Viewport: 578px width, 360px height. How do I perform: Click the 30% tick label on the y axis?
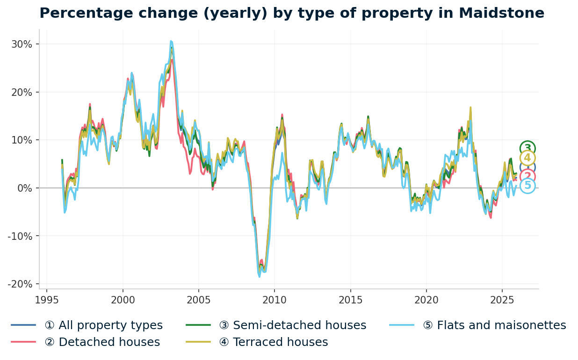pos(22,44)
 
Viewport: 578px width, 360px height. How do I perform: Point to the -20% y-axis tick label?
pos(20,284)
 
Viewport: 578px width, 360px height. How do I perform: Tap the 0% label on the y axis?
pos(24,188)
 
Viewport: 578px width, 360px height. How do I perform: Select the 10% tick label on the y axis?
pos(22,140)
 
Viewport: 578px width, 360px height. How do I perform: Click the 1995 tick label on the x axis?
pos(47,300)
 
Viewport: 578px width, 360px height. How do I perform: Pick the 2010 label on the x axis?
pos(274,300)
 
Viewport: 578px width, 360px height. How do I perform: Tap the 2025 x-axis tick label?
pos(502,300)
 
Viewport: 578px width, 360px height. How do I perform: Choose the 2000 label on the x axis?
pos(123,300)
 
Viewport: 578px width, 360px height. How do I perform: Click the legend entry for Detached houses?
pos(102,342)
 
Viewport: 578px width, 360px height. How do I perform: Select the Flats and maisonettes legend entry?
pos(494,325)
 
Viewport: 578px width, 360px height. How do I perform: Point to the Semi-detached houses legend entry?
pos(292,325)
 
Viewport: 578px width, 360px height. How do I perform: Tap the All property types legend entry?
pos(103,325)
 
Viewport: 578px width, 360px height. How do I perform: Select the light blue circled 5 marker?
pos(527,186)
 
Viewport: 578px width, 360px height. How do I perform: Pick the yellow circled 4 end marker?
pos(527,158)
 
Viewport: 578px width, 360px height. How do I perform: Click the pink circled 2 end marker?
pos(527,176)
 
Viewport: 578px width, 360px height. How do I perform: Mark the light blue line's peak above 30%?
pos(171,41)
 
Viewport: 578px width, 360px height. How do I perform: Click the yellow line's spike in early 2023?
pos(470,108)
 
